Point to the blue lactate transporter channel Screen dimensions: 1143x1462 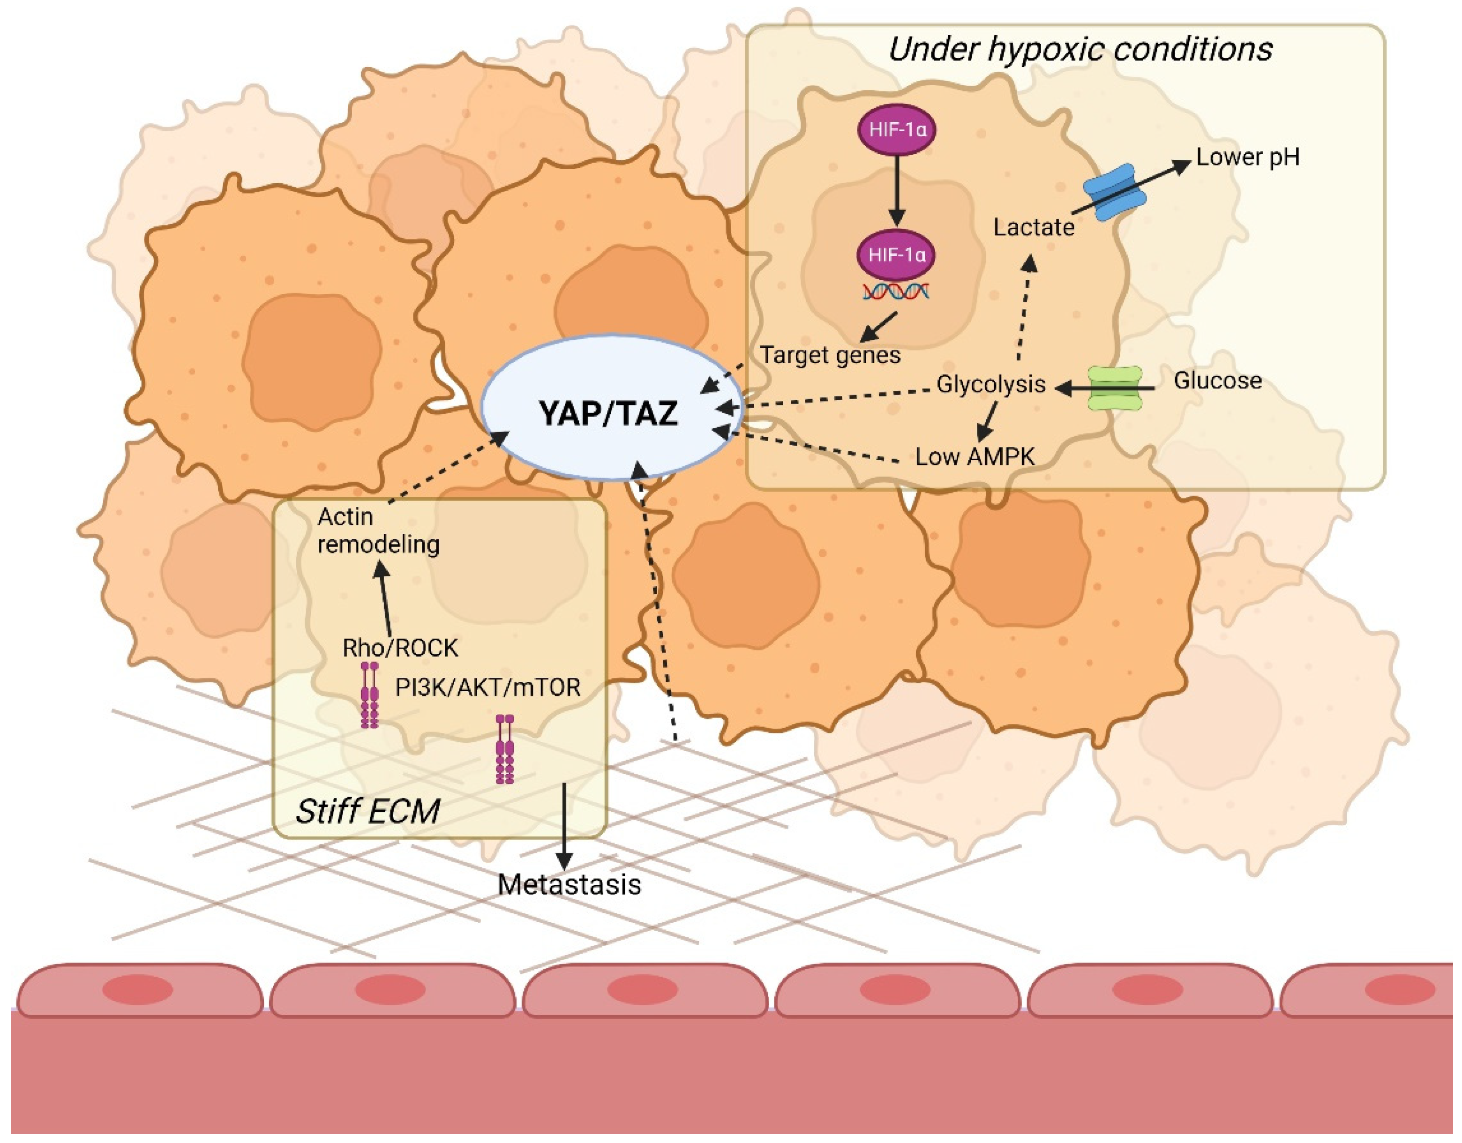(1115, 193)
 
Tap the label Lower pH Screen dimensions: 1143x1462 (1247, 158)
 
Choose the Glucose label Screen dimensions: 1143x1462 (1218, 381)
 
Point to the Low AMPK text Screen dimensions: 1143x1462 (975, 457)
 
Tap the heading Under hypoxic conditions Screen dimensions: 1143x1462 (1080, 50)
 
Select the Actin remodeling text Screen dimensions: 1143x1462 (378, 530)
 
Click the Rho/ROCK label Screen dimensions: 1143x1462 (400, 648)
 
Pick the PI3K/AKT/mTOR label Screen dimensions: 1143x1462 (487, 687)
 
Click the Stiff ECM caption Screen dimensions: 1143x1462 (367, 811)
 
